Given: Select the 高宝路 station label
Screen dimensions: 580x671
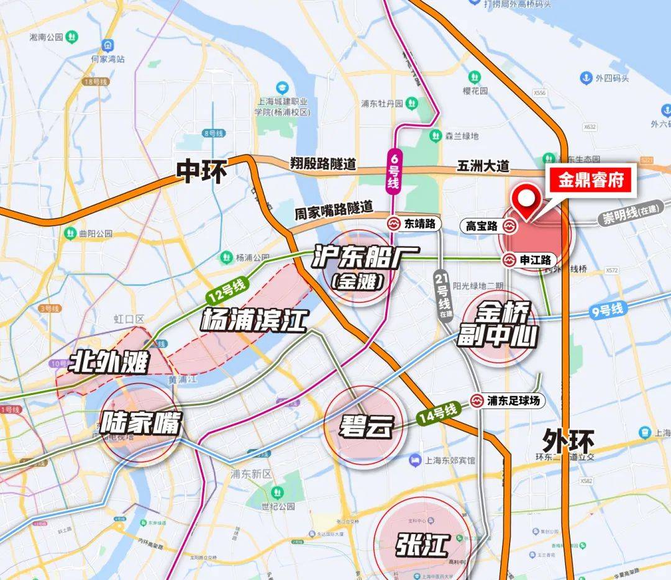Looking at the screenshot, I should (x=482, y=227).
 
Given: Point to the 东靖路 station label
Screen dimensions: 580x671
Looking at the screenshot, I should (x=420, y=223).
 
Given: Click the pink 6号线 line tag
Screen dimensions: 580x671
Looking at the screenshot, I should (x=395, y=171).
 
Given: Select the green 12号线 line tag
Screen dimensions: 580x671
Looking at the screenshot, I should (x=227, y=290).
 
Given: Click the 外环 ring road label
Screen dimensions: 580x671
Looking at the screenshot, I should (x=568, y=442).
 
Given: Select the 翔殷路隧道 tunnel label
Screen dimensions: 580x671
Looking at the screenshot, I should (x=323, y=165).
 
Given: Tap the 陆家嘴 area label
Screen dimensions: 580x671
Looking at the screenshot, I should (x=141, y=425).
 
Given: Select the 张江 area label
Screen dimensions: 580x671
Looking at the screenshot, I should (x=422, y=546).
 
